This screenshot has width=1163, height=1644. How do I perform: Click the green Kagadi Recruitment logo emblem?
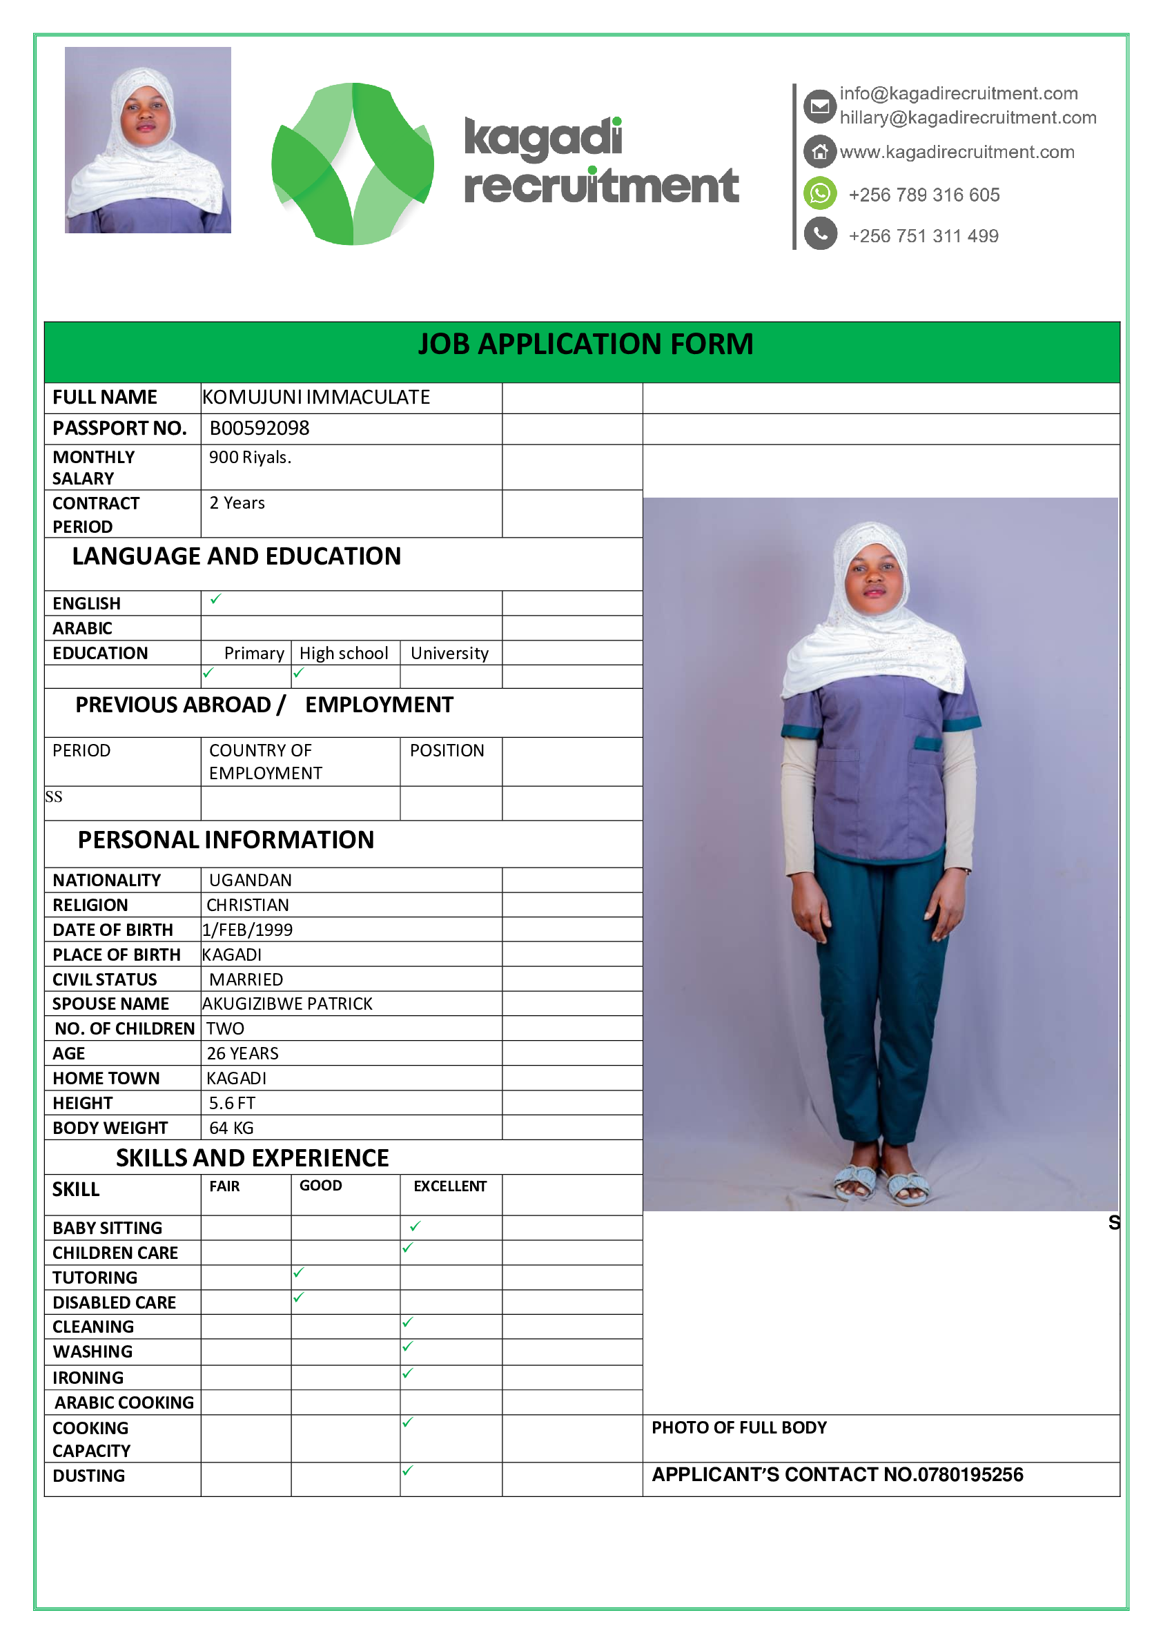[x=352, y=164]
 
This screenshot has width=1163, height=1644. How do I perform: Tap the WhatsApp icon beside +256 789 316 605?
[x=820, y=193]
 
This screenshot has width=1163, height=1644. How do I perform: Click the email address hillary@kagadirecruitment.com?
[x=968, y=117]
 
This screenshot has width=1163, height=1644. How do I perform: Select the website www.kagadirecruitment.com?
[x=957, y=152]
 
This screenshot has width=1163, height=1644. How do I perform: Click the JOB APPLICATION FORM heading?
[x=585, y=344]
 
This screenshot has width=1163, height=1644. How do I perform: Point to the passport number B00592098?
[x=260, y=428]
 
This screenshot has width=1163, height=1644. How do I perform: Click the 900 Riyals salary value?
[x=250, y=458]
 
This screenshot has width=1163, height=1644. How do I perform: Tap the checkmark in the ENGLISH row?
[x=215, y=599]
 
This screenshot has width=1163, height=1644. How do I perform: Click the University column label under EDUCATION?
[x=449, y=653]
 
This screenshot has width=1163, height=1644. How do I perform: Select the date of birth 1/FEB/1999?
[x=248, y=930]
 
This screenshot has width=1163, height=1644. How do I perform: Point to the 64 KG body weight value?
[x=231, y=1128]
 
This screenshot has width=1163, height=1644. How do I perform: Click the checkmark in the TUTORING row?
[x=299, y=1273]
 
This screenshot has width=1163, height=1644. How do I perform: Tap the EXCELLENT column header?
[x=450, y=1186]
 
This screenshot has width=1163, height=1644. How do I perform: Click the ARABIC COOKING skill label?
[x=124, y=1402]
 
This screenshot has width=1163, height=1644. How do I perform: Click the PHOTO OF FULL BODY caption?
[x=739, y=1428]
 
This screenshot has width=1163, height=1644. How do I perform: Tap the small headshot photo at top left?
[x=148, y=140]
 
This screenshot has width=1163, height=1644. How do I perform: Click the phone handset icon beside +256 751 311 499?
[x=820, y=234]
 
